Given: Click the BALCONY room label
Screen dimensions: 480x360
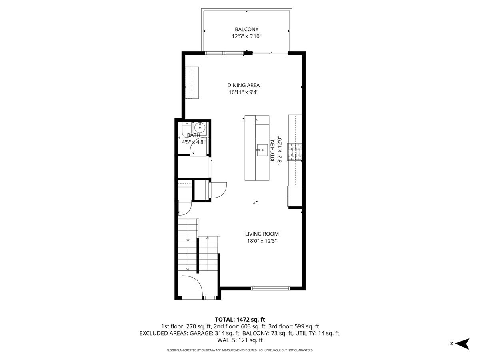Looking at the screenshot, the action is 246,29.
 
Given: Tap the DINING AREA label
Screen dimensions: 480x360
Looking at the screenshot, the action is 243,85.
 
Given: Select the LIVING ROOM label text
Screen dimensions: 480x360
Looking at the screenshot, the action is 262,234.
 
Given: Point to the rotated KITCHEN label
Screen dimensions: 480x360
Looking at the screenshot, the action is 272,151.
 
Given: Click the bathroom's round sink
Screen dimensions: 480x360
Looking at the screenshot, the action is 199,126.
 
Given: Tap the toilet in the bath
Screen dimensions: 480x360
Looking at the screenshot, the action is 186,128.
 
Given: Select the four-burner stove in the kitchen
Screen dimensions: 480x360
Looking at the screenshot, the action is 294,152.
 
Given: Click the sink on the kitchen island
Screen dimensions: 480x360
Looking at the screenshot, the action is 262,150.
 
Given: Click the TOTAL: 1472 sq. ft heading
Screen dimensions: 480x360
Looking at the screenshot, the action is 240,320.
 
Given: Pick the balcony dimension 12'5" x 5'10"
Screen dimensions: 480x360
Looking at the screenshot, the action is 247,36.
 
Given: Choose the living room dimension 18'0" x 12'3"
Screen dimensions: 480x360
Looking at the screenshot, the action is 262,241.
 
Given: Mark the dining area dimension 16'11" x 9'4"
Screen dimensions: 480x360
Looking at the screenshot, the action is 244,92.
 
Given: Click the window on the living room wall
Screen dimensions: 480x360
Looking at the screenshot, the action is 270,288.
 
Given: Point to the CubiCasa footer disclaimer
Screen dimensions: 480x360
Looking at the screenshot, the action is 240,350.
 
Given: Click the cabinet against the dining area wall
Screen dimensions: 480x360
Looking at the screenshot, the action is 192,83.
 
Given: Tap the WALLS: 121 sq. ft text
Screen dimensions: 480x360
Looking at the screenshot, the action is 240,340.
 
